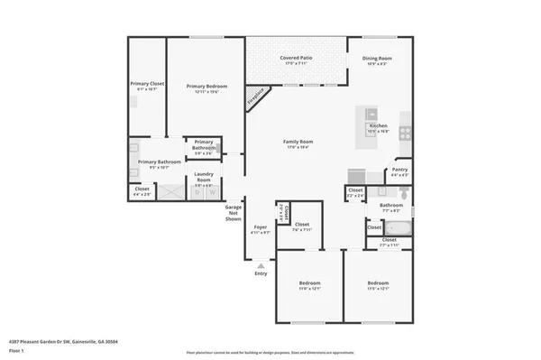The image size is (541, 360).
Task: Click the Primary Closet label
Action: click(x=144, y=84)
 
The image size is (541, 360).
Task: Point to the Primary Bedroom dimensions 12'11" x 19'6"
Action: click(x=205, y=91)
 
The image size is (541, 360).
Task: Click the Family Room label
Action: click(x=298, y=142)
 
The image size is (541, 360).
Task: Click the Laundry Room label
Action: click(x=205, y=177)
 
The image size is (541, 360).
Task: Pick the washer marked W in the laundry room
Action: click(x=213, y=192)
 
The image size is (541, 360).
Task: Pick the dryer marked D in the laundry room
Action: click(x=197, y=192)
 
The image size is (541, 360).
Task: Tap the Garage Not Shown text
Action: click(x=234, y=213)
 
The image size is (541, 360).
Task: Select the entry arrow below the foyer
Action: click(x=261, y=265)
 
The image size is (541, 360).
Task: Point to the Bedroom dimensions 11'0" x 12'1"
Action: click(x=309, y=288)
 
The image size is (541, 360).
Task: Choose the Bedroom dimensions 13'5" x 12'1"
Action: click(x=378, y=288)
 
